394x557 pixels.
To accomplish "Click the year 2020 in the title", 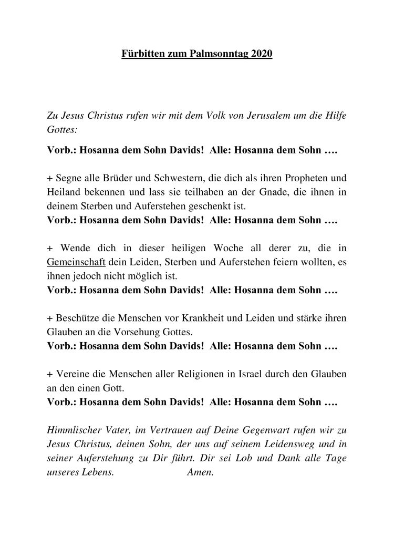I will (262, 54).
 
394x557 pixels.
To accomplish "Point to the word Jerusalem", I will (257, 116).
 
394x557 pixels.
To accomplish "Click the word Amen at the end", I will (200, 472).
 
